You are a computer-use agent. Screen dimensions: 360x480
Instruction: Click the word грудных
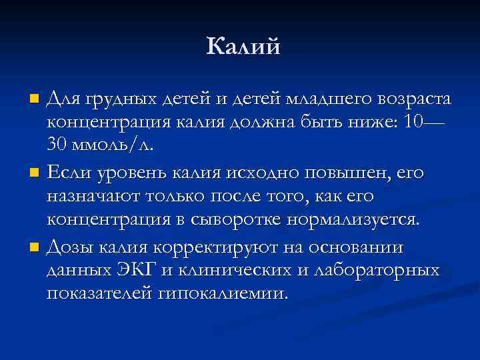[119, 101]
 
